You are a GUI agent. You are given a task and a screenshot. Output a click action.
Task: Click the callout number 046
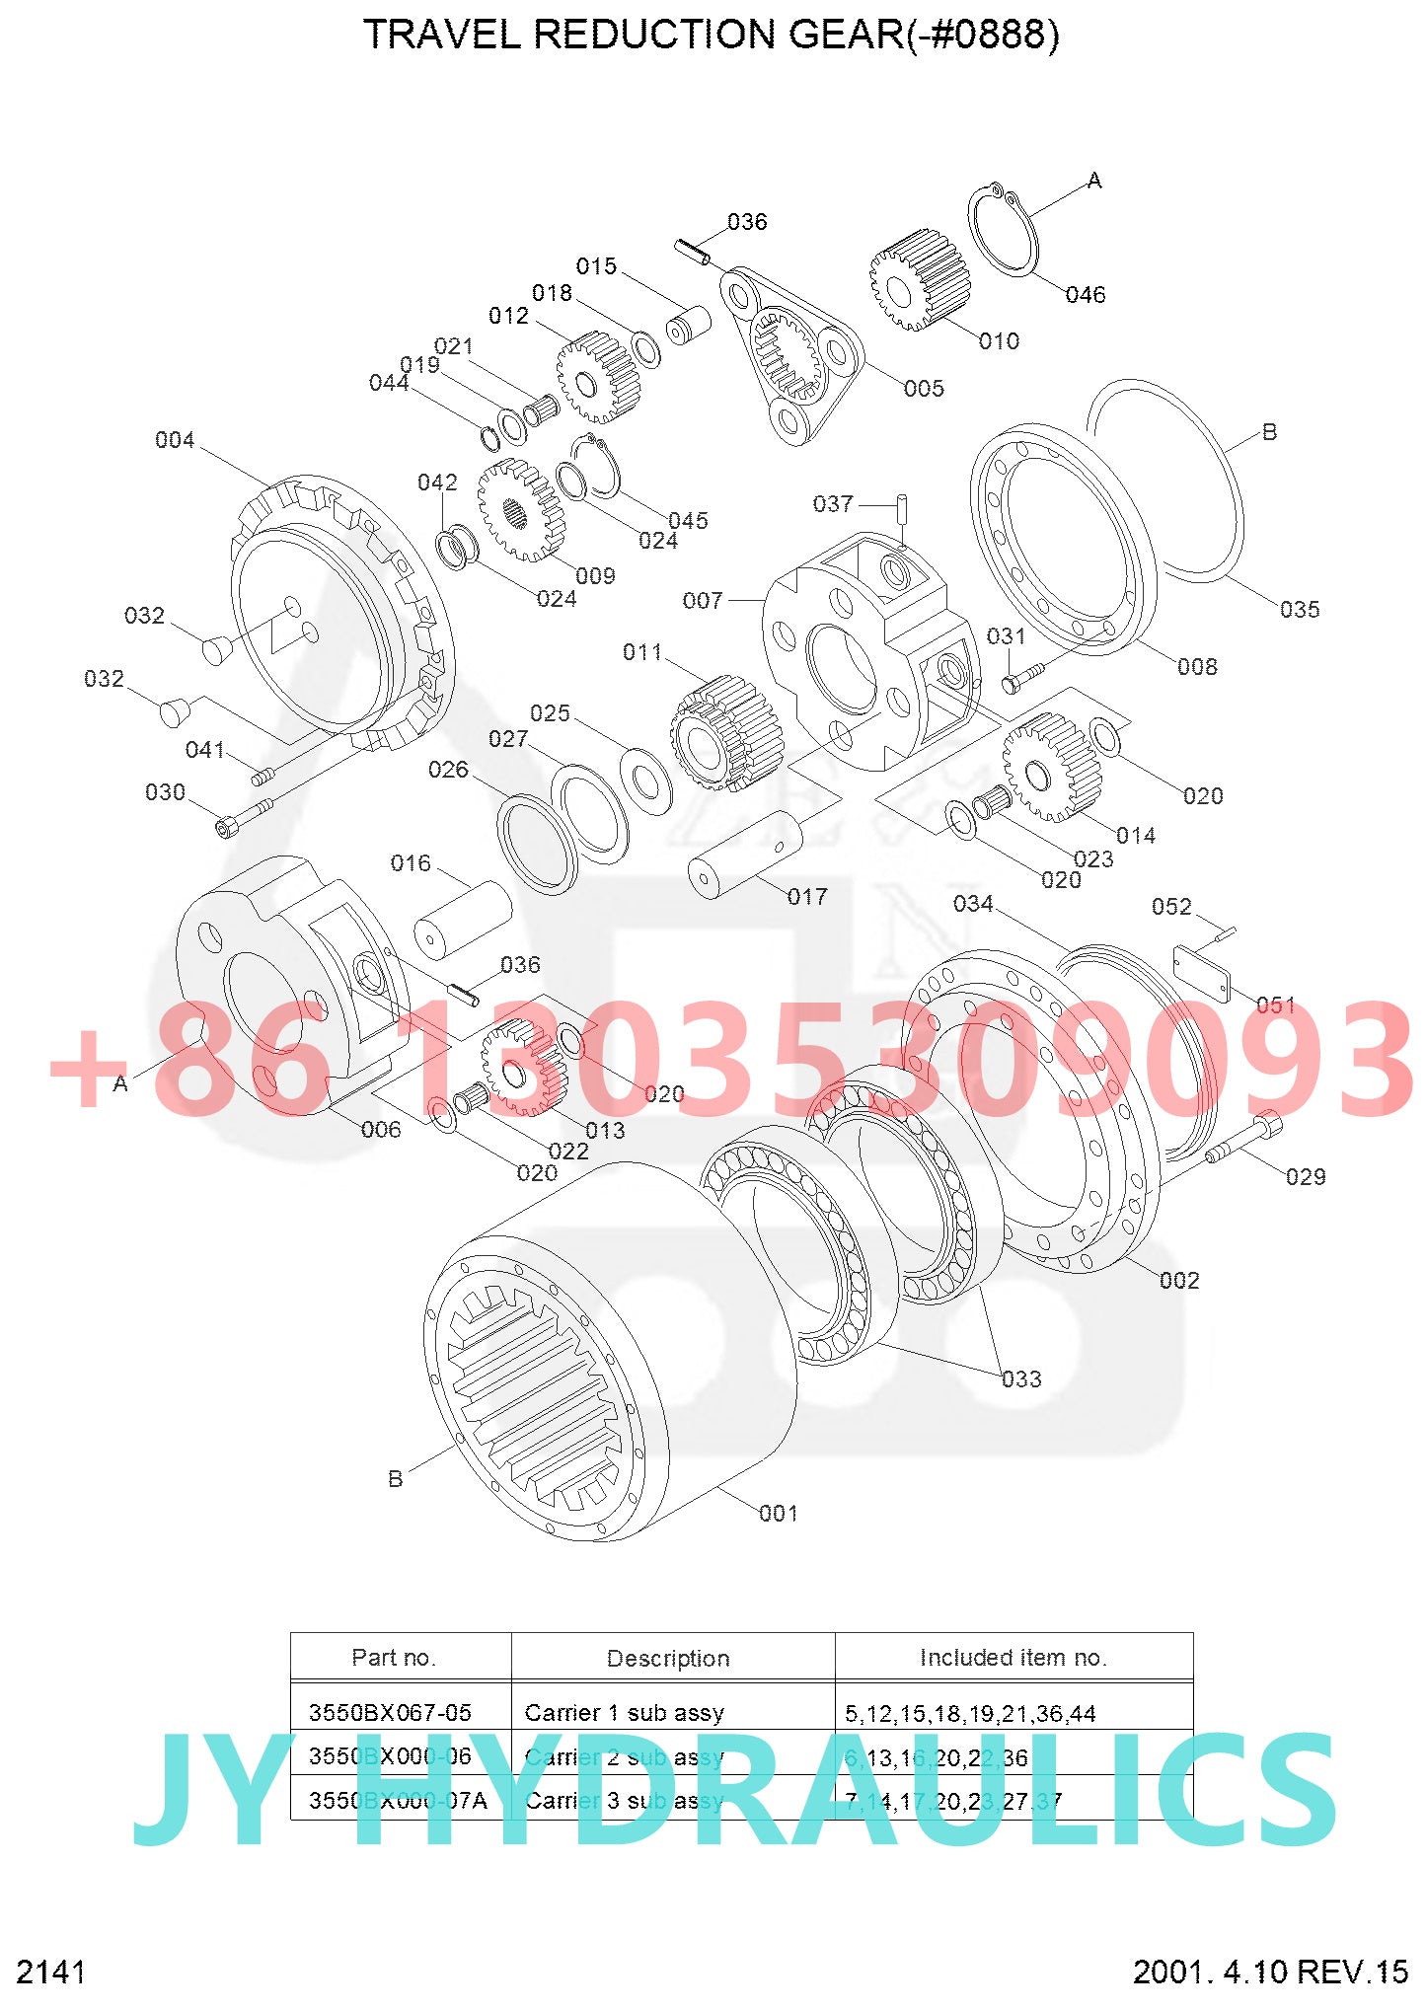[1085, 294]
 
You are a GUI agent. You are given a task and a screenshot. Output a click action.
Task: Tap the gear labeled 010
[916, 281]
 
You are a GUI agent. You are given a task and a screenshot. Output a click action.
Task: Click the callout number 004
[175, 440]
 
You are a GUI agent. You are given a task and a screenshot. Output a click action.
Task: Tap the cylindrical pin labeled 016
[462, 919]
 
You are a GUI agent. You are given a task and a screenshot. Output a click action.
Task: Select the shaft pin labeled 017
[745, 856]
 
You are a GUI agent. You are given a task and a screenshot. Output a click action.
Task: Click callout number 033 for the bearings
[1020, 1378]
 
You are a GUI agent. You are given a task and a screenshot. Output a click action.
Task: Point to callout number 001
[778, 1513]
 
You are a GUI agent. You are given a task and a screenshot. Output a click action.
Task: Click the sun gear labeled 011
[725, 732]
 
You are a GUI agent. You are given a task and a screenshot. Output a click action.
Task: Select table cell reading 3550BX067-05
[390, 1712]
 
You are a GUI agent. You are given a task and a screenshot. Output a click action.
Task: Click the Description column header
[668, 1659]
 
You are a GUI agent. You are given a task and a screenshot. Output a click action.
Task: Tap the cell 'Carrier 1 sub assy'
[624, 1712]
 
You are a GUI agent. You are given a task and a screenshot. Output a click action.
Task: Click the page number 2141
[51, 1972]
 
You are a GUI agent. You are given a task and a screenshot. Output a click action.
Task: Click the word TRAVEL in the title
[443, 35]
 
